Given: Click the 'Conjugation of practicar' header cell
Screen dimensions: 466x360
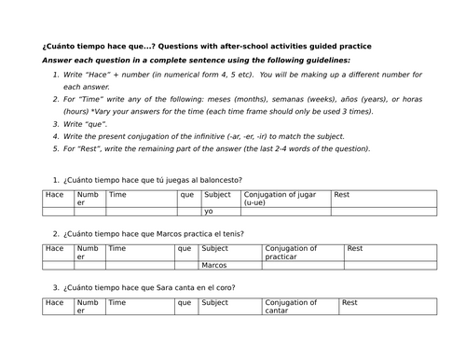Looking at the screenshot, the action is click(291, 251).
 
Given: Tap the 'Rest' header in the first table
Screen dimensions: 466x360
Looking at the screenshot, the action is click(341, 194).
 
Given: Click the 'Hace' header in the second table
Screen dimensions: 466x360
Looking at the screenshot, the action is click(54, 249).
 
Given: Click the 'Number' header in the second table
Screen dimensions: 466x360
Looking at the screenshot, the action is click(87, 252).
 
